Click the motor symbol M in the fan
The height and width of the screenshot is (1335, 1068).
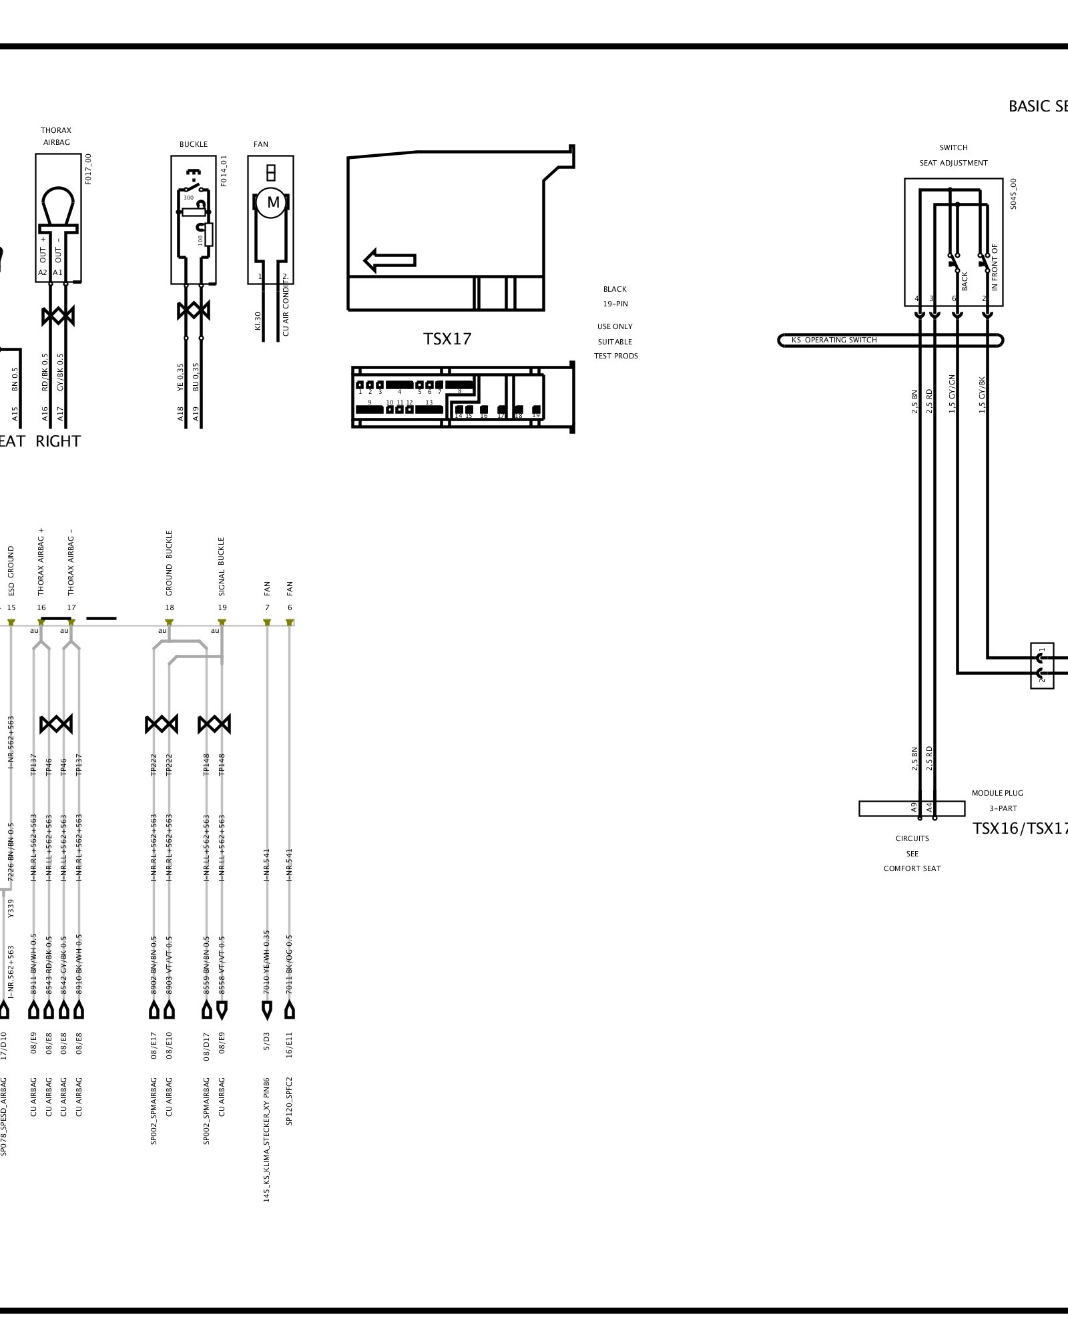(272, 202)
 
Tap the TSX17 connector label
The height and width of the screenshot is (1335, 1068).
(447, 339)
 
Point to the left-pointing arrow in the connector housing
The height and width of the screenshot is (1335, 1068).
(390, 260)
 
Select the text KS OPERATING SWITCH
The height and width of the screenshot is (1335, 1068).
(834, 340)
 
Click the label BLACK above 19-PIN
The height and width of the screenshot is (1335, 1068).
(615, 289)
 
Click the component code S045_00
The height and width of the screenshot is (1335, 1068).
(1013, 194)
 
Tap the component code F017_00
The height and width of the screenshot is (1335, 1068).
(89, 169)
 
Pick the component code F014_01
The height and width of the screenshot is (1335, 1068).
(224, 171)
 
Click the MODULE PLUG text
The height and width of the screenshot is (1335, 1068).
(997, 793)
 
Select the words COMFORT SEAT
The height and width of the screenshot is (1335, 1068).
(912, 868)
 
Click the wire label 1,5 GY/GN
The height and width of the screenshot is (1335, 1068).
(952, 394)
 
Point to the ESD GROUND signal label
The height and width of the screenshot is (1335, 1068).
(11, 571)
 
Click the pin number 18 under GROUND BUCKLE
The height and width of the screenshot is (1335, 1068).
(170, 607)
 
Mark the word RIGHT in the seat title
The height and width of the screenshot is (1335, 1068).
(58, 441)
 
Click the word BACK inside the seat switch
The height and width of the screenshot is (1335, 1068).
(965, 281)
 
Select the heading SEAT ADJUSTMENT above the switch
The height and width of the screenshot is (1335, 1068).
(953, 163)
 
